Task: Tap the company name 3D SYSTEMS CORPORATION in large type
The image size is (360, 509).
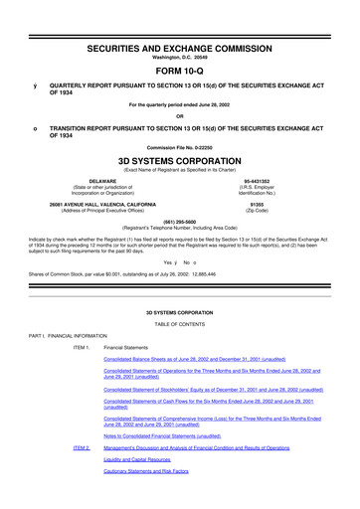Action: [x=179, y=157]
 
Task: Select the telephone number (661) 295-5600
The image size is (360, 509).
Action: [x=179, y=223]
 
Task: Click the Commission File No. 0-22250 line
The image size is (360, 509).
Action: [x=179, y=143]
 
